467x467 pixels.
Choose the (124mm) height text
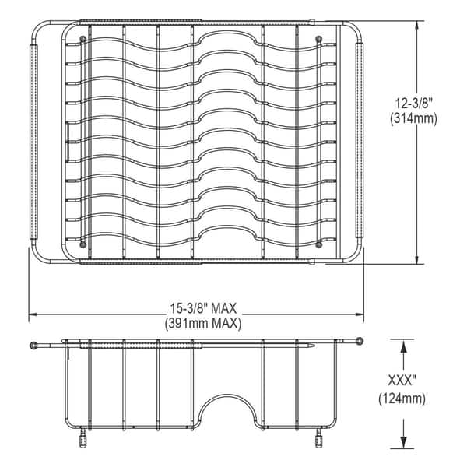402,399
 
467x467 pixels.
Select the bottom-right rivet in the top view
318,245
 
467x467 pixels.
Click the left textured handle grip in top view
33,142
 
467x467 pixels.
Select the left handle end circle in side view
34,345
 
